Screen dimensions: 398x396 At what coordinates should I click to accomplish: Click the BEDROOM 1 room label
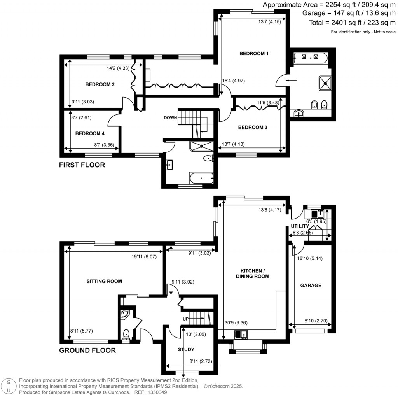point(254,53)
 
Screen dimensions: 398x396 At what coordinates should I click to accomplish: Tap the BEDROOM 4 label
point(90,133)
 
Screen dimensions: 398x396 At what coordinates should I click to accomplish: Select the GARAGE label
point(311,285)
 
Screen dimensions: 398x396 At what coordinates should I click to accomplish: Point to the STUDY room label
point(186,350)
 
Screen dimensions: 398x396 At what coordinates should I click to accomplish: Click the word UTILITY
point(300,226)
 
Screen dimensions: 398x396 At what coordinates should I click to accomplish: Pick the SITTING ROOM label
point(104,281)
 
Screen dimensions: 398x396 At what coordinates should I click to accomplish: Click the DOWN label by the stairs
point(170,117)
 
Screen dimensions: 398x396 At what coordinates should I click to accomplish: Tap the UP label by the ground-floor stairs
point(185,319)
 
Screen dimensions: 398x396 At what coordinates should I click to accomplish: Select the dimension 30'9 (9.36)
point(236,322)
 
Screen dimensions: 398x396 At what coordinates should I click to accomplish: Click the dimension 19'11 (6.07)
point(144,257)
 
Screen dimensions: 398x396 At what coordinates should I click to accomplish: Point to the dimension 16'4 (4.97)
point(234,81)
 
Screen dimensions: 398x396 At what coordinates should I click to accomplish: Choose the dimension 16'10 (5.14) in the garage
point(310,258)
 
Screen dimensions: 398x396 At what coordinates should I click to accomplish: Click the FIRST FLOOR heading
point(82,165)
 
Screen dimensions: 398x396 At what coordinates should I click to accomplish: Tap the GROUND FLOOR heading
point(87,350)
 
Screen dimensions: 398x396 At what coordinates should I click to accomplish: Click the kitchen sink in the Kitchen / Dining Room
point(241,335)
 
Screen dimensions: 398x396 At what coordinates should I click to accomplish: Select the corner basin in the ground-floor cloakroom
point(125,314)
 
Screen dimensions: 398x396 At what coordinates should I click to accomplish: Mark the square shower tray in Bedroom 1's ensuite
point(325,83)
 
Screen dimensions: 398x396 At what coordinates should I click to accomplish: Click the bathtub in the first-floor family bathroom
point(201,178)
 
